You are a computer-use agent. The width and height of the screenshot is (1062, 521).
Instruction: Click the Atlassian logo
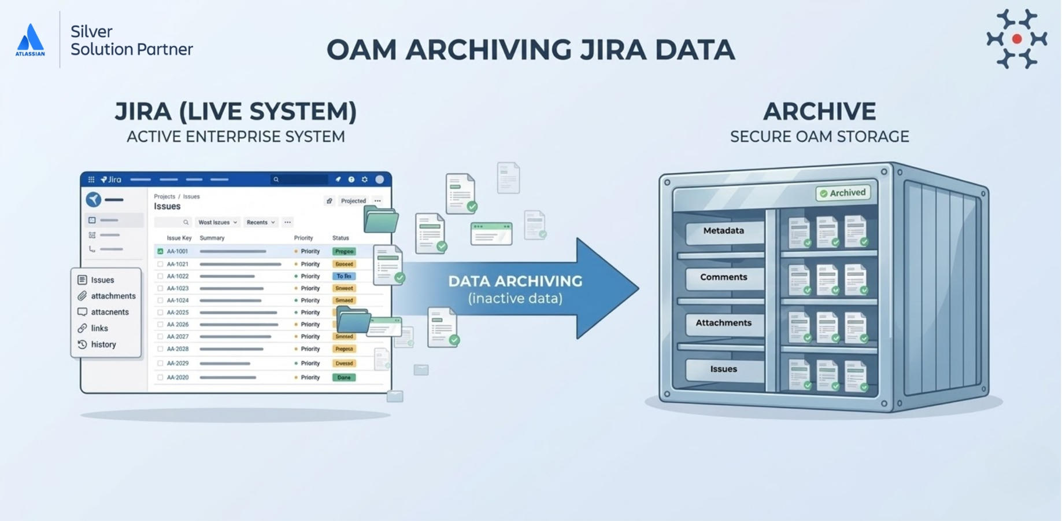30,39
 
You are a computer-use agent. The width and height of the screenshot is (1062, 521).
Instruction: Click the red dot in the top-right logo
1017,39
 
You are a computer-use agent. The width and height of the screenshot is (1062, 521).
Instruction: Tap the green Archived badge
843,193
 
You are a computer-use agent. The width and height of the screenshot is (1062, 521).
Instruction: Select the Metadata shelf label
723,231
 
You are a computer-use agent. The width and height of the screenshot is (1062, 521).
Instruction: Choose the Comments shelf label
723,277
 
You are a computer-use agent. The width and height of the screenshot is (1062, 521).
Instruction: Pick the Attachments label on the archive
723,323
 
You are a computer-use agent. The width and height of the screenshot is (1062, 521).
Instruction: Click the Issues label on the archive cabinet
723,369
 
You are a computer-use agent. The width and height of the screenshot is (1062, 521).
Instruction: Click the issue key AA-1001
177,251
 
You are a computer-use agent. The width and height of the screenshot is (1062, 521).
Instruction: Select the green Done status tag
344,377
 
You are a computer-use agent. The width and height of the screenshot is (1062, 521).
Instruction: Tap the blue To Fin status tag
344,276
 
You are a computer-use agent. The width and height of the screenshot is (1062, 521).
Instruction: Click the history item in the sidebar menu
103,344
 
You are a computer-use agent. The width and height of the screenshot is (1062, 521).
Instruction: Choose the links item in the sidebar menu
99,328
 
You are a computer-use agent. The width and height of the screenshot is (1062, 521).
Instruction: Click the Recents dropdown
260,222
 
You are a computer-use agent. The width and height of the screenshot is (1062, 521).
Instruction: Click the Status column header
341,238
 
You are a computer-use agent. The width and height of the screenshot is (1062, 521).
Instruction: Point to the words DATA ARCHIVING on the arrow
515,281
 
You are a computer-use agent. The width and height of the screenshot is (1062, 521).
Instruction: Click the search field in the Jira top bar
299,179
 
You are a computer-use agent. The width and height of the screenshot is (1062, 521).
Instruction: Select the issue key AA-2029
177,364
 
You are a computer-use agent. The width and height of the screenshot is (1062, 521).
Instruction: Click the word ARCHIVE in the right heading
819,112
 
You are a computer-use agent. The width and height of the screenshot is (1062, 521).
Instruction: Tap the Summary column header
212,238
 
